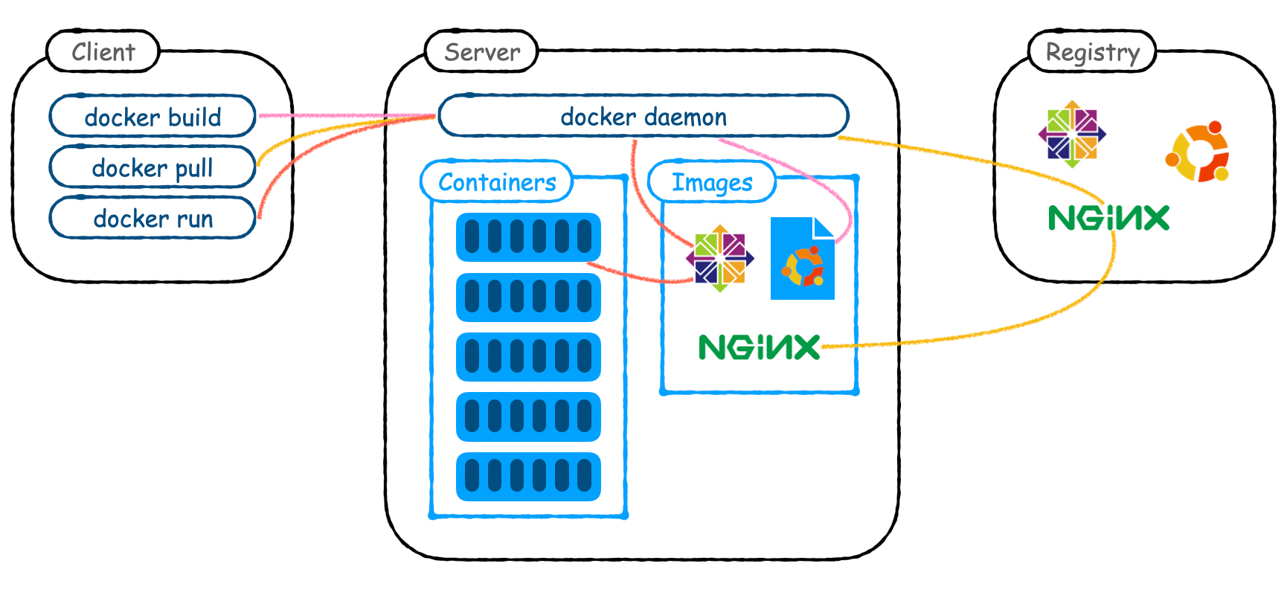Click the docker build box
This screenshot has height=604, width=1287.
pos(153,117)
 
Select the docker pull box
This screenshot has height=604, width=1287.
pos(153,167)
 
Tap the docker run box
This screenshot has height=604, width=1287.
pos(153,218)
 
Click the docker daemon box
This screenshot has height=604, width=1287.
pos(643,116)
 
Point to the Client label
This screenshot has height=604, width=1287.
pos(103,51)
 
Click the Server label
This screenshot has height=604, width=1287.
pos(481,51)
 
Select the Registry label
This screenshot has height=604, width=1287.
pos(1092,51)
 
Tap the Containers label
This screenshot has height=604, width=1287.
pos(497,181)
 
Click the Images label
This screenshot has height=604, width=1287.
pos(712,181)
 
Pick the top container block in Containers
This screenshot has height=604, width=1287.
pos(528,237)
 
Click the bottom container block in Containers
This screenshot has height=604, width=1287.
pos(528,476)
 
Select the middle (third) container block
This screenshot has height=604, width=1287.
pos(528,357)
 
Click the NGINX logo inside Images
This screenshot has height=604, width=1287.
pos(759,347)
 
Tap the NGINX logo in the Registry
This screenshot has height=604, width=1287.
pos(1108,218)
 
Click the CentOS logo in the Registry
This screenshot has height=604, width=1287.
pos(1072,134)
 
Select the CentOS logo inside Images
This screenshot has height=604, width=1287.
pos(719,259)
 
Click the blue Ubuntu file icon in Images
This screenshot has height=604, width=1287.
pos(802,259)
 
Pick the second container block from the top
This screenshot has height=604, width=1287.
pos(528,297)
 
